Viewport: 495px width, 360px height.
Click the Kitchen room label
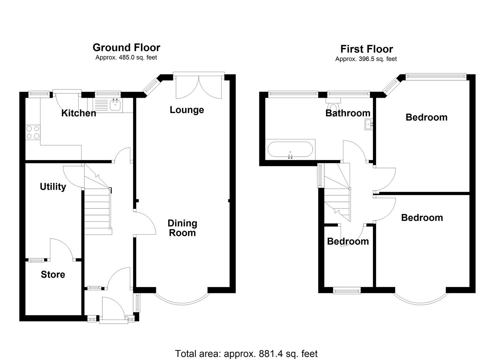(x=79, y=113)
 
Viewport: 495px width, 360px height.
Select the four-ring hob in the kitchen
(x=33, y=132)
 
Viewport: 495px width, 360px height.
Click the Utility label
(x=53, y=187)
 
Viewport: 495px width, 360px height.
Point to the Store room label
(x=53, y=275)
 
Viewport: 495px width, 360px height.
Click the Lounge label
(x=187, y=110)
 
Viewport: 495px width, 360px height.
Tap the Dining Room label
(x=182, y=228)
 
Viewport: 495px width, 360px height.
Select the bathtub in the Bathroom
(x=290, y=150)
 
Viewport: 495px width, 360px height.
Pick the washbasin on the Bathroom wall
(x=368, y=125)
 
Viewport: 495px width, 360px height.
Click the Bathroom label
(x=348, y=113)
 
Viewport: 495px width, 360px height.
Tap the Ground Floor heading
(x=126, y=47)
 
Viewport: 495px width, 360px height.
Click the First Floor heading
(x=366, y=49)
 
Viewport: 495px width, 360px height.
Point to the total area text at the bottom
(x=246, y=353)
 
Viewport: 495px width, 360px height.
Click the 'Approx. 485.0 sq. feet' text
(x=126, y=57)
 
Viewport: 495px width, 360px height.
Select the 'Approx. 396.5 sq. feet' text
(x=366, y=59)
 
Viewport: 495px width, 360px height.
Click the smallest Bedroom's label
(x=348, y=241)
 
